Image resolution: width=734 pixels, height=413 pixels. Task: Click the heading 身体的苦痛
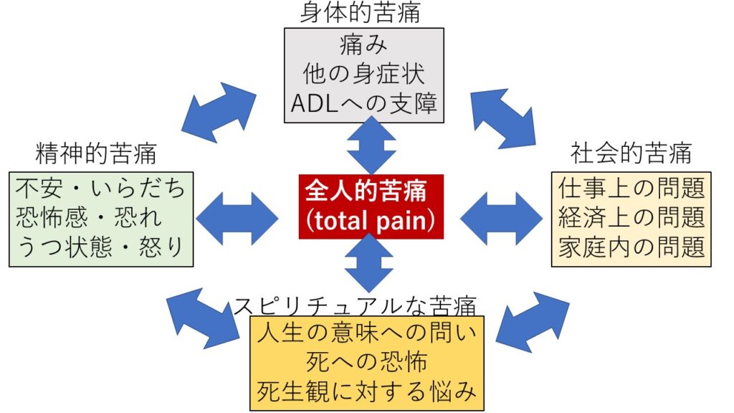(360, 13)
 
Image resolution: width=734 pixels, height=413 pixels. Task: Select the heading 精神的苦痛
(96, 153)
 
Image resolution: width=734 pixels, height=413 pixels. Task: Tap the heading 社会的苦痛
(631, 153)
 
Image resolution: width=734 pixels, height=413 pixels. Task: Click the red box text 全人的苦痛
(366, 191)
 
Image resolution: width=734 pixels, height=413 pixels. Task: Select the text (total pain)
(371, 221)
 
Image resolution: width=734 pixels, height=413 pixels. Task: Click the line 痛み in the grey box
(363, 45)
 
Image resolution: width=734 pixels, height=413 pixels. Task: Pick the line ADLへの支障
(363, 103)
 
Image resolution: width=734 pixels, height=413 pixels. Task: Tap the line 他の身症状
(363, 75)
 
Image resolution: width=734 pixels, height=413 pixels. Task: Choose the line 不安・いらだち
(100, 189)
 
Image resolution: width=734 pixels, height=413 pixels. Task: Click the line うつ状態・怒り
(100, 247)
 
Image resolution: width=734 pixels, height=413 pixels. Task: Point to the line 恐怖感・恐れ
(89, 218)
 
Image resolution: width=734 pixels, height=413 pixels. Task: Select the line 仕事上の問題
(631, 189)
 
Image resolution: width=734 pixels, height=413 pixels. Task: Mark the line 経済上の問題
(631, 218)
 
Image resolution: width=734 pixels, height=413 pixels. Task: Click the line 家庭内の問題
(631, 247)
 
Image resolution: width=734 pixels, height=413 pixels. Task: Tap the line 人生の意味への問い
(366, 333)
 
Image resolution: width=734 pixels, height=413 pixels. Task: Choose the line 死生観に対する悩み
(366, 391)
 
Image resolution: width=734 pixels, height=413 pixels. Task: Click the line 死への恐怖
(366, 362)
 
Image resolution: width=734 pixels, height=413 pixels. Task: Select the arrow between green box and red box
(237, 218)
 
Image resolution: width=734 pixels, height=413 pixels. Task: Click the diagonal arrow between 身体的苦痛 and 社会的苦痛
(503, 118)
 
